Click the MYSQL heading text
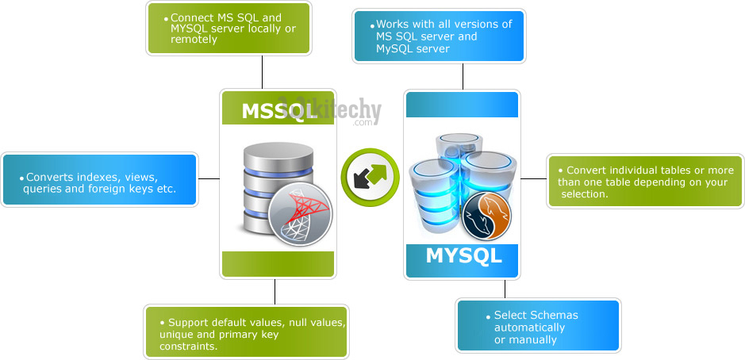[x=463, y=256]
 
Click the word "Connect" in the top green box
[x=194, y=18]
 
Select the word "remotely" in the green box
[x=194, y=40]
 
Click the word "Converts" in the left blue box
[x=49, y=178]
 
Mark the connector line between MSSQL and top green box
[x=262, y=71]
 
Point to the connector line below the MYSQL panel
[x=505, y=289]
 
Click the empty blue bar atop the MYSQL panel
[x=462, y=105]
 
